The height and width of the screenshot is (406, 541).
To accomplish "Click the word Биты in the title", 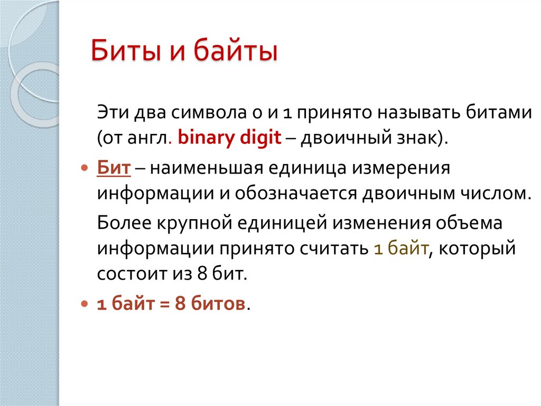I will tap(119, 53).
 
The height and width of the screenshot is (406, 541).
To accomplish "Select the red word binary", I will tap(201, 138).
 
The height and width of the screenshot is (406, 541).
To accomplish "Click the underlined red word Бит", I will tap(113, 168).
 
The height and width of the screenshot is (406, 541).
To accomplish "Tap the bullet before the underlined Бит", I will tap(84, 168).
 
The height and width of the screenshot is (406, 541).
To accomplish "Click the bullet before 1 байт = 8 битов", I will tap(84, 305).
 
